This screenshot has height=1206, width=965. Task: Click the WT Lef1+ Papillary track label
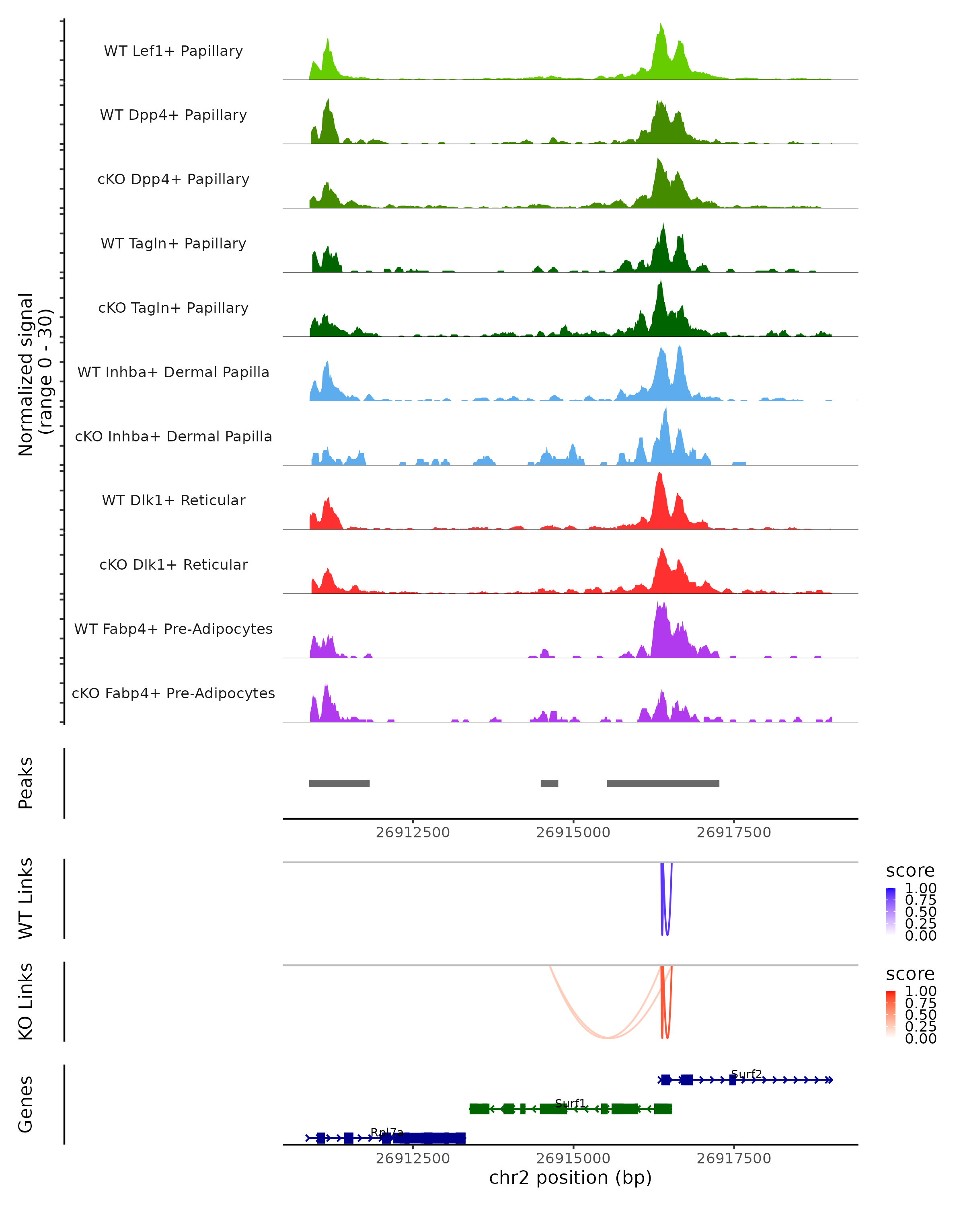(173, 51)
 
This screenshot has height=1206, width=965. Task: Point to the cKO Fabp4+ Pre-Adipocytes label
(173, 693)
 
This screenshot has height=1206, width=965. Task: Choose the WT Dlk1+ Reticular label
(173, 500)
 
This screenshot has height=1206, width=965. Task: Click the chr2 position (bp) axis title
(570, 1177)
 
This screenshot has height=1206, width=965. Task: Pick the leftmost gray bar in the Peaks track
(339, 783)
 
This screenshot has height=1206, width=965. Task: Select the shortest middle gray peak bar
(549, 783)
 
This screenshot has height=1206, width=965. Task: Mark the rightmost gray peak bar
(663, 783)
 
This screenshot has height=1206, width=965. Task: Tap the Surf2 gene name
(746, 1074)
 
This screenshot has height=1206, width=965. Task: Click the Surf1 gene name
(570, 1103)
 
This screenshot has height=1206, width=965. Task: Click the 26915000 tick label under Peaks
(573, 833)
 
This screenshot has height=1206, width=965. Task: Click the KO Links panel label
(26, 1001)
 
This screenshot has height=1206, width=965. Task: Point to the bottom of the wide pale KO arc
(608, 1038)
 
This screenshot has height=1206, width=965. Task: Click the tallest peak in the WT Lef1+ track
(661, 25)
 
